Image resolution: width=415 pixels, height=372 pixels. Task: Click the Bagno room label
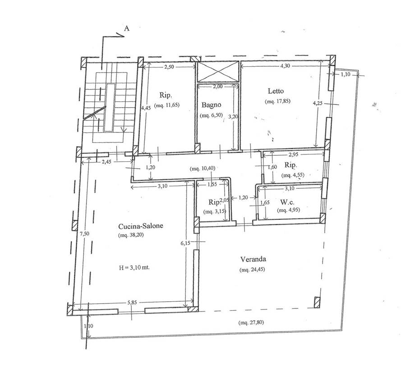point(211,105)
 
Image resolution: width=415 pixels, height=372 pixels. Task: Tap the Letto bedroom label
point(276,91)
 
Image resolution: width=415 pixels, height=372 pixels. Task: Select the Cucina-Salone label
point(141,226)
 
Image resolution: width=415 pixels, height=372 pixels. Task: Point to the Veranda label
point(253,259)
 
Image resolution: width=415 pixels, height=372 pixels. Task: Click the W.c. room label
point(287,202)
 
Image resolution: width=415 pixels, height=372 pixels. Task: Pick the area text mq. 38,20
point(131,235)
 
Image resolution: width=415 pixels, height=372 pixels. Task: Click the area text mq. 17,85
point(277,101)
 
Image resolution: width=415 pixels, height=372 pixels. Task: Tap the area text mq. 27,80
point(251,322)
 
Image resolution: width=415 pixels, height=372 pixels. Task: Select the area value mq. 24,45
point(252,270)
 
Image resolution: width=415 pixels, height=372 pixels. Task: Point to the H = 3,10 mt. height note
point(134,268)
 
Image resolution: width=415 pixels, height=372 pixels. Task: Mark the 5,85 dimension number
point(132,303)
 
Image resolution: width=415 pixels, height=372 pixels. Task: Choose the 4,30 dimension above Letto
point(285,66)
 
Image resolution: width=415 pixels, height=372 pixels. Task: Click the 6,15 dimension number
point(185,243)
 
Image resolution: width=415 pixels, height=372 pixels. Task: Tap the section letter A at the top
point(127,28)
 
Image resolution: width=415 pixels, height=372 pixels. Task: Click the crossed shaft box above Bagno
point(218,72)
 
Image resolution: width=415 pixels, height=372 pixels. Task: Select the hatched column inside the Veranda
point(317,303)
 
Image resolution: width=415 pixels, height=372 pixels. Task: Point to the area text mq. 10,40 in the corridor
point(203,168)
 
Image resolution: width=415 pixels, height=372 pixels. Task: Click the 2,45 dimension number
point(106,162)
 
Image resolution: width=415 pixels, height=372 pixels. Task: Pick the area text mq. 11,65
point(167,105)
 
